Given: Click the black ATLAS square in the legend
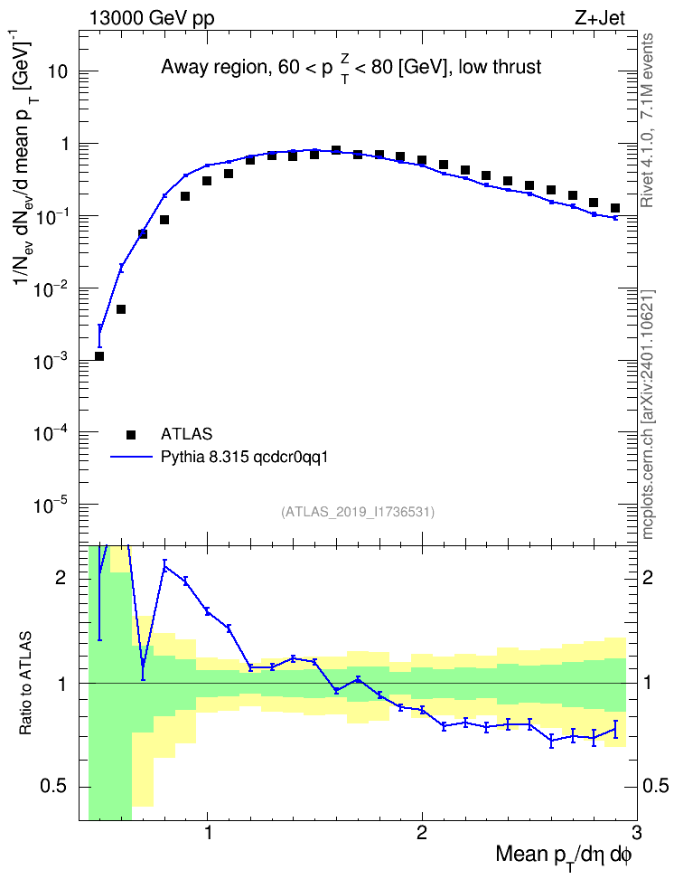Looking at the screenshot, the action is click(131, 434).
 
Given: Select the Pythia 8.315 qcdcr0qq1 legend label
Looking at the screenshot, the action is click(244, 457).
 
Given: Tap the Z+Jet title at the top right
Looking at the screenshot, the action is click(600, 18).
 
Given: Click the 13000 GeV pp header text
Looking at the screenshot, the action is click(151, 18).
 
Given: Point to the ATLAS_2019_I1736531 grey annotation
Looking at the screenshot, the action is click(358, 511).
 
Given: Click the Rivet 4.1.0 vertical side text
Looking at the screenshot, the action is click(647, 120).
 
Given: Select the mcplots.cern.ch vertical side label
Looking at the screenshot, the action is click(648, 414).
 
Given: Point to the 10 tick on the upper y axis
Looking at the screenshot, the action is click(56, 71).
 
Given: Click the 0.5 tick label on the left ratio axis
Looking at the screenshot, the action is click(54, 787).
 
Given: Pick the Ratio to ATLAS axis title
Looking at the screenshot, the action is click(25, 684).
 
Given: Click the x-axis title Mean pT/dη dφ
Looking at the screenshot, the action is click(564, 855).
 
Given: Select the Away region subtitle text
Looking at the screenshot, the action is click(351, 68).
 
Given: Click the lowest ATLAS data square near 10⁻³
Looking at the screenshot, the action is click(99, 356).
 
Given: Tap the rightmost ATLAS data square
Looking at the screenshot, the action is click(615, 208).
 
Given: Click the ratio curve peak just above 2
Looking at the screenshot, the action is click(164, 566).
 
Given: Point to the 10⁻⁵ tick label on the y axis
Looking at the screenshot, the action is click(50, 506).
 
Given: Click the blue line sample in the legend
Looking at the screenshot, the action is click(131, 458).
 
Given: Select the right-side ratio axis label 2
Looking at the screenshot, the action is click(648, 578).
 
